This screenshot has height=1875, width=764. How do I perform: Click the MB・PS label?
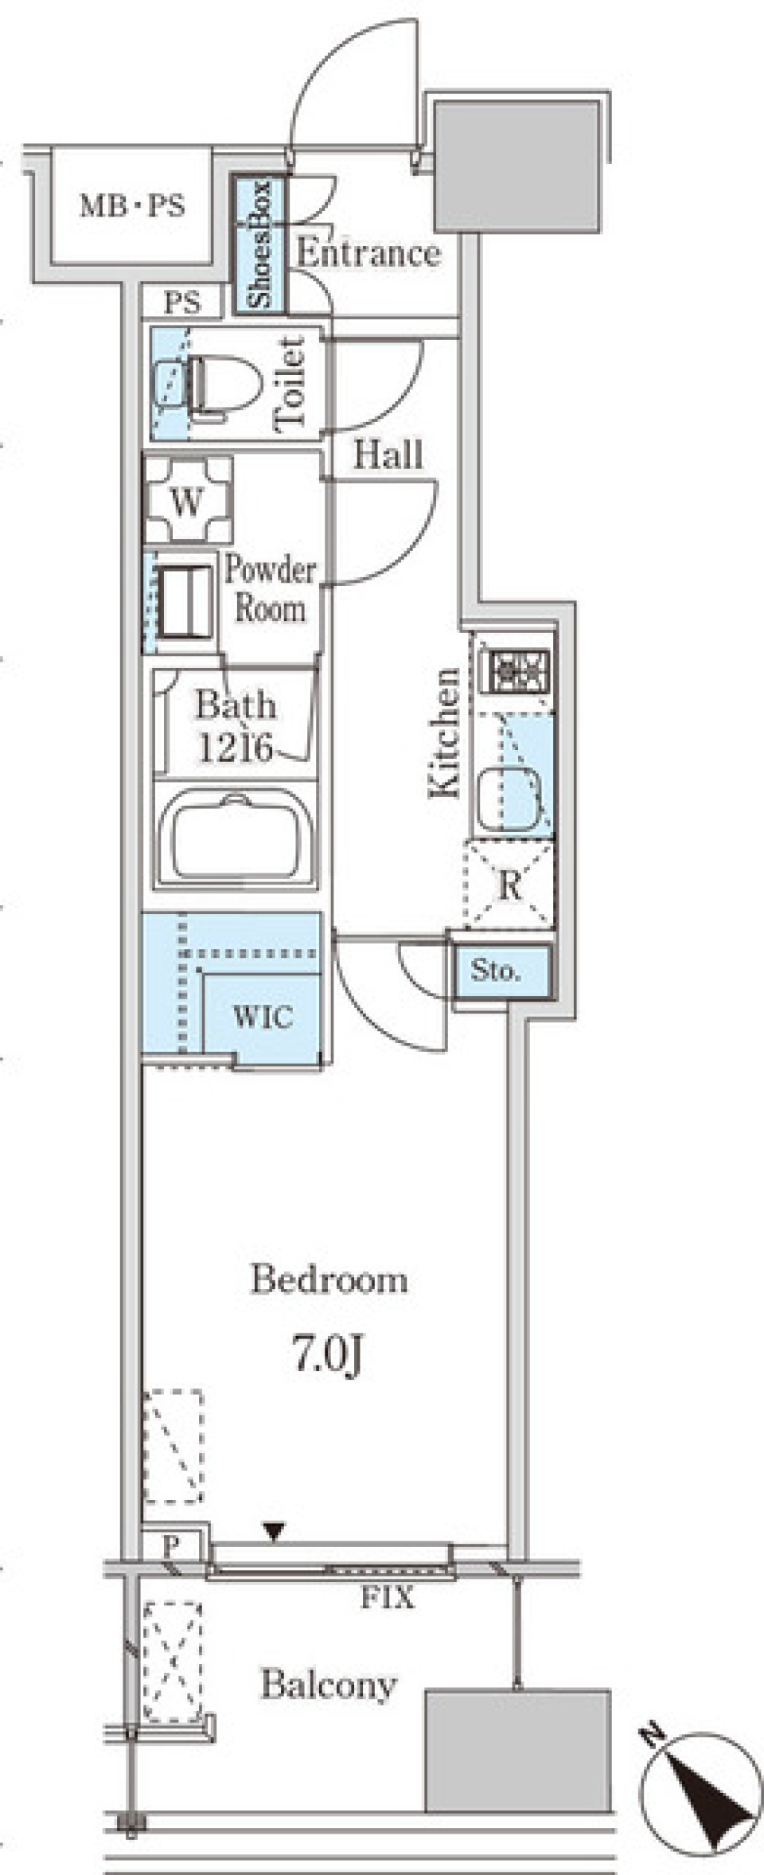[x=132, y=206]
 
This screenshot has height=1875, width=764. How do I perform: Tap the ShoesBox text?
[x=259, y=244]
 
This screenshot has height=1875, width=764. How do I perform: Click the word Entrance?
[x=368, y=253]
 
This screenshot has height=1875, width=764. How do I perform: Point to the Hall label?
[x=388, y=455]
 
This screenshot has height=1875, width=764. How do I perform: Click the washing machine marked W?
[x=188, y=500]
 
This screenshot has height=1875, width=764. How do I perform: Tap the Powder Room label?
[x=270, y=589]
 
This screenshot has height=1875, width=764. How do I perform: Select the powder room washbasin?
[x=186, y=600]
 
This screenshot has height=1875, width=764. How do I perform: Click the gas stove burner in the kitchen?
[x=520, y=670]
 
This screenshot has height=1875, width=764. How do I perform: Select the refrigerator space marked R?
[x=509, y=885]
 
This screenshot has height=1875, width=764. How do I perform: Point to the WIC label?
[x=263, y=1016]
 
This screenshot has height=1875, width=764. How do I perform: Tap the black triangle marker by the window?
[x=274, y=1531]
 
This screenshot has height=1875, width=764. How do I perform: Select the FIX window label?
[x=388, y=1596]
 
